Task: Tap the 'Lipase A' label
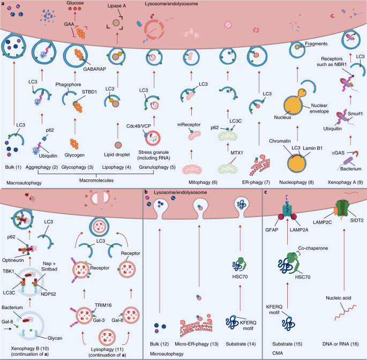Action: pyautogui.click(x=117, y=5)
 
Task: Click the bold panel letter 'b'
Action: pyautogui.click(x=146, y=192)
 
